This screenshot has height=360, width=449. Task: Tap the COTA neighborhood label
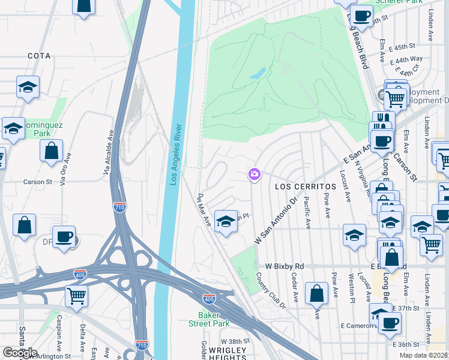[x=39, y=55]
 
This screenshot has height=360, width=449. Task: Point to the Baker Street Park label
[x=214, y=319]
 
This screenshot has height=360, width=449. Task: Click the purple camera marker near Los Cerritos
[x=255, y=175]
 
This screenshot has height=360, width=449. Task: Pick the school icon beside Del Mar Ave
[x=225, y=222]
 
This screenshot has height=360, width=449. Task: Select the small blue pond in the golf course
[x=258, y=74]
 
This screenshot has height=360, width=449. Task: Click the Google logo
[x=19, y=353]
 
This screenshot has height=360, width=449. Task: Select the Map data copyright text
[x=424, y=355]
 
